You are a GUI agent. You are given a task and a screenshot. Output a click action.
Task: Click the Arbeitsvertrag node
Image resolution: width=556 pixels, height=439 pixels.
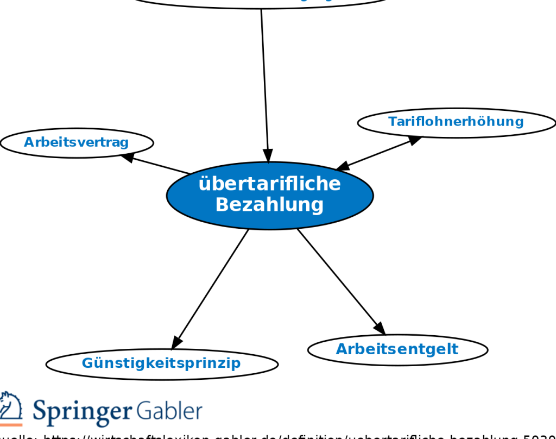[x=77, y=143]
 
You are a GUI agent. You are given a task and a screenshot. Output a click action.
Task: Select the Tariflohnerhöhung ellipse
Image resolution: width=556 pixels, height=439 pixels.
[x=456, y=122]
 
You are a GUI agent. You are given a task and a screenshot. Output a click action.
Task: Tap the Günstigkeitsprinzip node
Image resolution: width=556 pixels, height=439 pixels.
[x=161, y=363]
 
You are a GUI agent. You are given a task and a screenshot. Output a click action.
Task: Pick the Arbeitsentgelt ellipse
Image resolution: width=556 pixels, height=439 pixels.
[x=397, y=349]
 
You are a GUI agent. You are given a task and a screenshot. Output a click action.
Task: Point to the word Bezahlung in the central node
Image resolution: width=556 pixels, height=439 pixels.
[x=269, y=205]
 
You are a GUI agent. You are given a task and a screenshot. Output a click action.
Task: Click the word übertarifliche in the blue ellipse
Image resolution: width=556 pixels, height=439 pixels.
[x=269, y=184]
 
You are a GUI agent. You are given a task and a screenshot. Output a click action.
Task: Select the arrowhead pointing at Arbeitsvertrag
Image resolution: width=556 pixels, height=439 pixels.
[x=127, y=157]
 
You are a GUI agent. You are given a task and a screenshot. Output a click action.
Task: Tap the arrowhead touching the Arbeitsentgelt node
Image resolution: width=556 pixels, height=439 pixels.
[x=380, y=328]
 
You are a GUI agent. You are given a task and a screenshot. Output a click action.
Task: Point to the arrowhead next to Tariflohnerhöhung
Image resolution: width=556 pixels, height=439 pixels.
[x=415, y=140]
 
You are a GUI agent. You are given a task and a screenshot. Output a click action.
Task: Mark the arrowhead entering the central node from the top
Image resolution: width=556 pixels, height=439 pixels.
[x=268, y=155]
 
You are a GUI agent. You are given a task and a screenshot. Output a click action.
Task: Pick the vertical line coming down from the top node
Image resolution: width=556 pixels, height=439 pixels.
[x=264, y=81]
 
